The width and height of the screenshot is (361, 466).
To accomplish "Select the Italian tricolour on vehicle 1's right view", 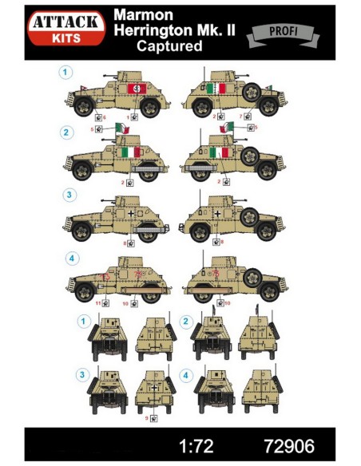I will tap(215, 89).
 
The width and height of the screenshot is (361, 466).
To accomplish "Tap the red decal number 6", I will tap(104, 117).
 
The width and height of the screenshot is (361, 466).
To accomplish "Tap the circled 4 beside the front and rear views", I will tap(187, 373).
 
